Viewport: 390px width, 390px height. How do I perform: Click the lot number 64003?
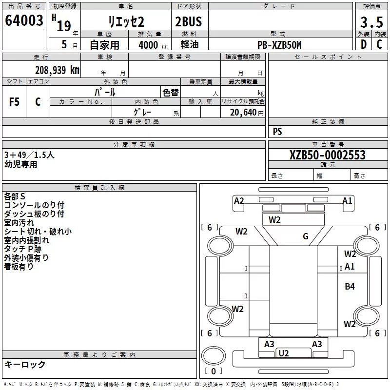click(24, 20)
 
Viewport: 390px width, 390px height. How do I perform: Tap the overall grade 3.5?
click(371, 22)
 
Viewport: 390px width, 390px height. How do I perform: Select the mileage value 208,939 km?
click(57, 70)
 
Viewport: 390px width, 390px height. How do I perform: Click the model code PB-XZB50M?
click(279, 45)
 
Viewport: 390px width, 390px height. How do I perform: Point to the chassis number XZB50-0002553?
click(328, 155)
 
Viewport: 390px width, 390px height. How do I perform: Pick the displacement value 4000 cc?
click(153, 45)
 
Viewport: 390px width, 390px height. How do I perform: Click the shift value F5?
click(14, 102)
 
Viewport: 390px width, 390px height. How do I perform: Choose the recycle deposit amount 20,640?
click(243, 113)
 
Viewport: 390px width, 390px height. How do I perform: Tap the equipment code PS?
click(277, 131)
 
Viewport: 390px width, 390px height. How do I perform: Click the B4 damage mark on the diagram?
click(350, 287)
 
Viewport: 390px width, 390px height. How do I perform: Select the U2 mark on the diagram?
click(284, 353)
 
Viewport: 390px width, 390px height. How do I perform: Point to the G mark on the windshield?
click(306, 236)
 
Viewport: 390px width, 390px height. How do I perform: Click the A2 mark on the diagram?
click(239, 201)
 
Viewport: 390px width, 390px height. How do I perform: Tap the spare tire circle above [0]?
click(214, 356)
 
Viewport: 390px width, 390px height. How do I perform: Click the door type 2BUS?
click(189, 21)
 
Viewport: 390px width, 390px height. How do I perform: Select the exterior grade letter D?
click(364, 44)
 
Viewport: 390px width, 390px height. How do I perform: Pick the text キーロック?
click(25, 364)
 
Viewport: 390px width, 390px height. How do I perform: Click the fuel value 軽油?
click(190, 45)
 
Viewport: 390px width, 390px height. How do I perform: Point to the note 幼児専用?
click(21, 164)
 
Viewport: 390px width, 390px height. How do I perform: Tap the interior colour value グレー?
click(142, 112)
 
